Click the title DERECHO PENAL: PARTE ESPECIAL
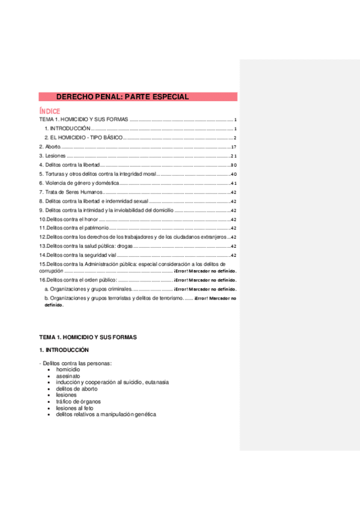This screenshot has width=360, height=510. tap(123, 96)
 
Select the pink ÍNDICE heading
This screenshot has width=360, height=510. tap(49, 111)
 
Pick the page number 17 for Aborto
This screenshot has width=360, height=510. tap(234, 147)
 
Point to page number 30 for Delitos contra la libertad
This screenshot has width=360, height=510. tap(234, 165)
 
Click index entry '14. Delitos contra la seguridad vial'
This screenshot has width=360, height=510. tap(79, 255)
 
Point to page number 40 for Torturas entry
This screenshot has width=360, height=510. tap(234, 174)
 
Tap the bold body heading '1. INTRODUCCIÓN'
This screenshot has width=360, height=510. tap(64, 349)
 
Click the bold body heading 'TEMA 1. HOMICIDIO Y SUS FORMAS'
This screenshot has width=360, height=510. tap(88, 337)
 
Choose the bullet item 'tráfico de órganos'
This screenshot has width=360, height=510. tap(78, 401)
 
